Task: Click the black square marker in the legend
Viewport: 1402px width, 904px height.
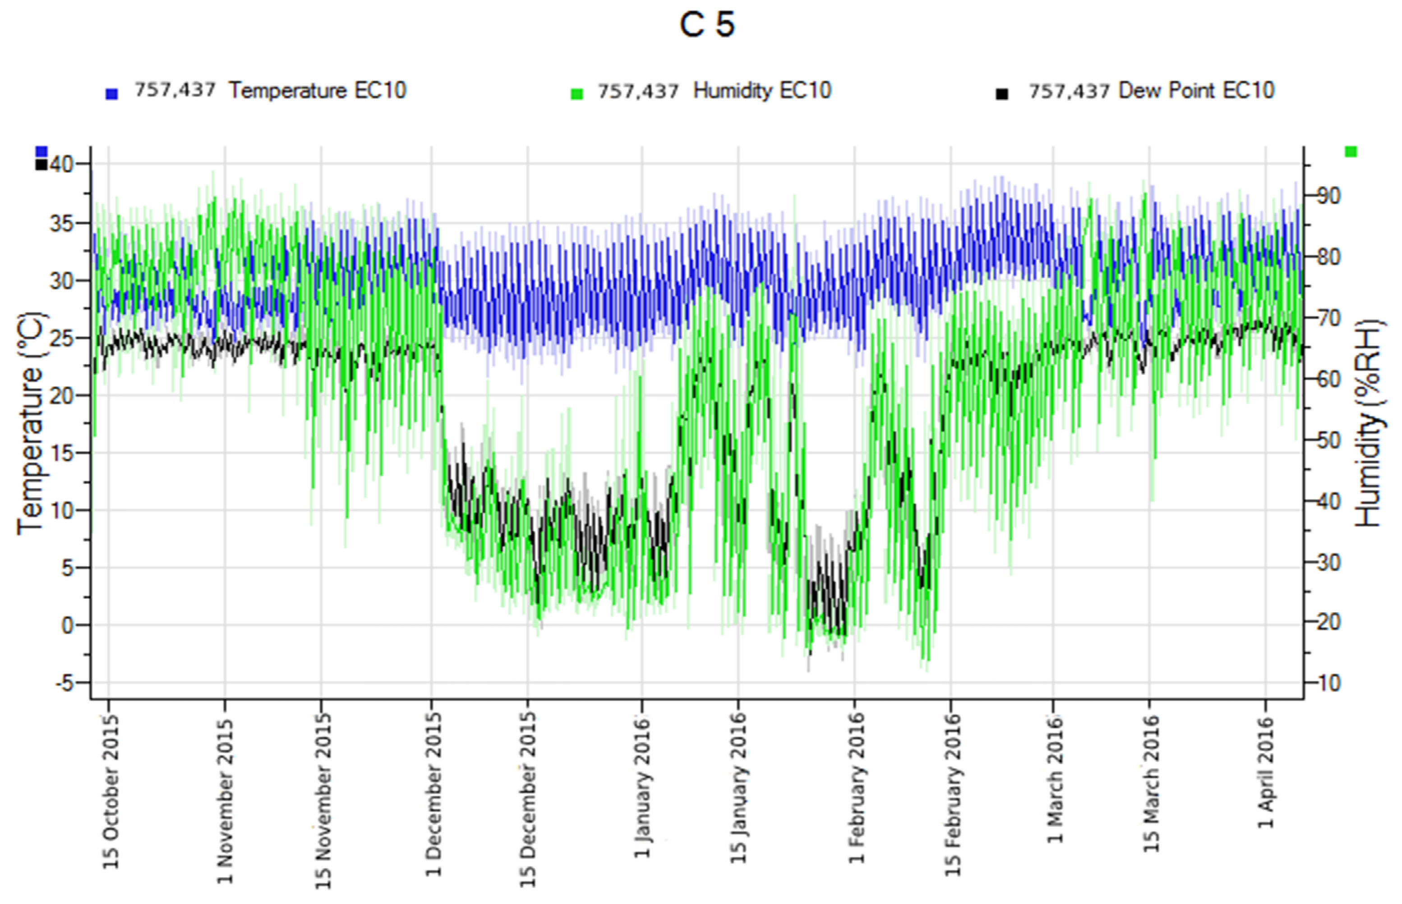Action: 1001,94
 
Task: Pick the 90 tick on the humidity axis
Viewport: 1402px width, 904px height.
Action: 1328,196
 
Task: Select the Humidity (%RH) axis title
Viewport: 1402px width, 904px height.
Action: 1369,422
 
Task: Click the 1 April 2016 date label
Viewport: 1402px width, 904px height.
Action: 1266,772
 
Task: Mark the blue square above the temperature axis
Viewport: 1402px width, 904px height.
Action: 41,152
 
